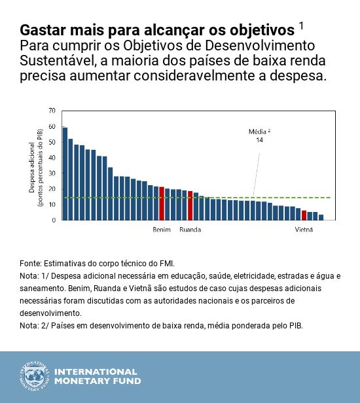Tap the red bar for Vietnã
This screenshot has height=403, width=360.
coord(304,215)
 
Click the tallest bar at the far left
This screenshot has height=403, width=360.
coord(65,173)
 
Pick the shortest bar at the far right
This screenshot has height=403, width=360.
coord(321,217)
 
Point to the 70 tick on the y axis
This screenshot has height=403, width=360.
coord(52,111)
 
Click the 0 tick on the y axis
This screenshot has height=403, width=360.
coord(54,220)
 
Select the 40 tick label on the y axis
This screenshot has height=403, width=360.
coord(52,158)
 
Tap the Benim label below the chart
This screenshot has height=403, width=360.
coord(162,230)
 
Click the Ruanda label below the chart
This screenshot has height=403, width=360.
coord(190,230)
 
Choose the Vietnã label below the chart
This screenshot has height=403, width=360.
coord(304,230)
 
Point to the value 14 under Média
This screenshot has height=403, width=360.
coord(259,140)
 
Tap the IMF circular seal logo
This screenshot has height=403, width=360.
coord(33,376)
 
